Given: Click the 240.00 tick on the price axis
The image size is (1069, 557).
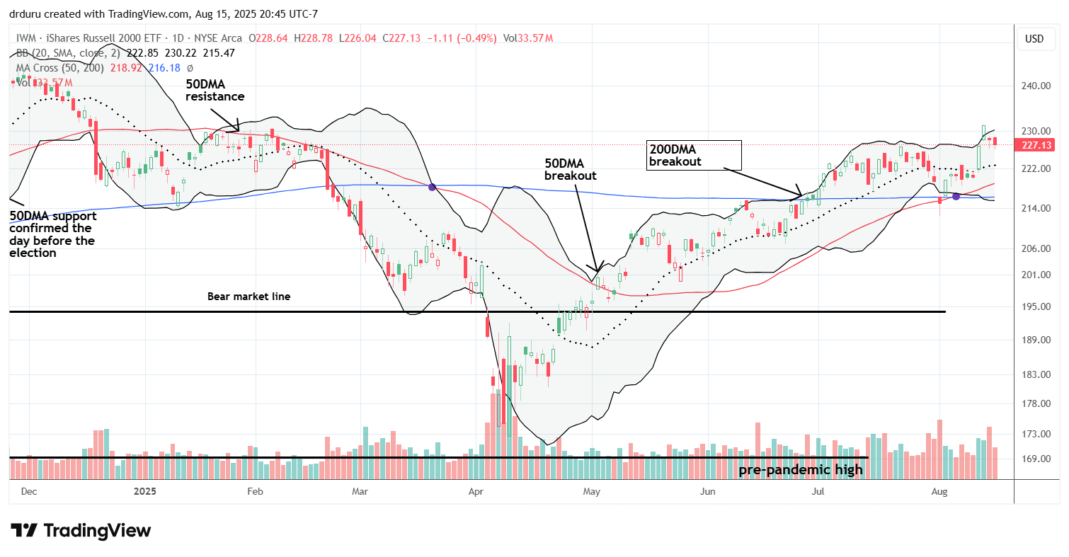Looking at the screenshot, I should [1036, 86].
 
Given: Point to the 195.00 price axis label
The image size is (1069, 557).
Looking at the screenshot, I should [1036, 306].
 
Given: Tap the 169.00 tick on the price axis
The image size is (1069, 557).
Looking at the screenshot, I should [1036, 459].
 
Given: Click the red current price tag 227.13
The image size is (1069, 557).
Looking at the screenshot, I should [1036, 145].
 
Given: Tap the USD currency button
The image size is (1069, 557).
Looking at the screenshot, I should [1034, 39].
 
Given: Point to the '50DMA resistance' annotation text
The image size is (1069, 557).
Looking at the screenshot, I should [215, 89].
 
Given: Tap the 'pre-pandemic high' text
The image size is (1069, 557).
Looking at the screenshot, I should [801, 470].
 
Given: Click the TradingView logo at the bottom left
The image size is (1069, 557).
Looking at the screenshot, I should [81, 530].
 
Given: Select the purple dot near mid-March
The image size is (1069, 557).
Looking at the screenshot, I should [432, 187].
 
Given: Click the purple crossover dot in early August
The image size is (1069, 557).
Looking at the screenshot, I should [955, 196].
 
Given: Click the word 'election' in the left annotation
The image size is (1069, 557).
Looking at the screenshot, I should [33, 253].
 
